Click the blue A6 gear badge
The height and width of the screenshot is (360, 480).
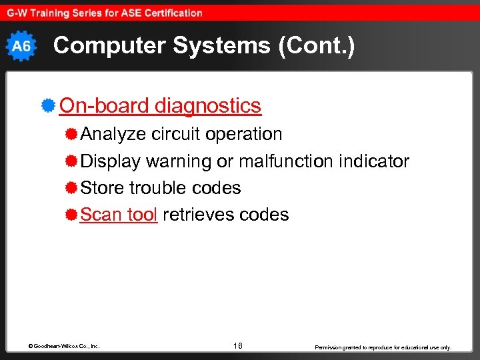[21, 46]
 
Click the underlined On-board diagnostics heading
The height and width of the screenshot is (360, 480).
[160, 105]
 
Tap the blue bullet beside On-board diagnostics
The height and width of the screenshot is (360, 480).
[47, 105]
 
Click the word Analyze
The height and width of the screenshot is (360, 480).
[113, 134]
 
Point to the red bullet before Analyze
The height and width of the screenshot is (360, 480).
[71, 134]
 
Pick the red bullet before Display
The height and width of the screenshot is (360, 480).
[71, 161]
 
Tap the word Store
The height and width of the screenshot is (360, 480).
[103, 188]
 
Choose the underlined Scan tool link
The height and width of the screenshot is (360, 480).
[119, 215]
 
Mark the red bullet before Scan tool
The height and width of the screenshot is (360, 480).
[71, 215]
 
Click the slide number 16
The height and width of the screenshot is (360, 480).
[238, 345]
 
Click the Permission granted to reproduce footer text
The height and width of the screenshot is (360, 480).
[383, 347]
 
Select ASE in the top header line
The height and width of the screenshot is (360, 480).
[138, 13]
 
